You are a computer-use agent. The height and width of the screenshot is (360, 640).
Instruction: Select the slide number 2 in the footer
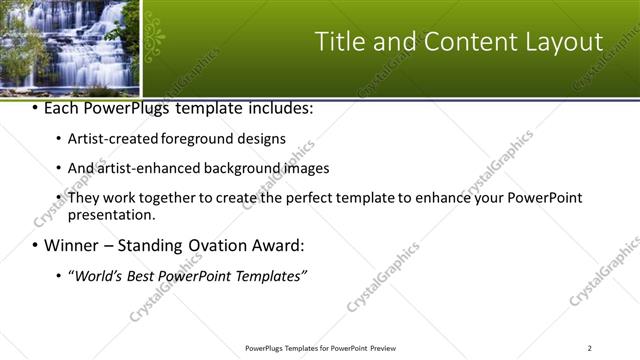pyautogui.click(x=590, y=347)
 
